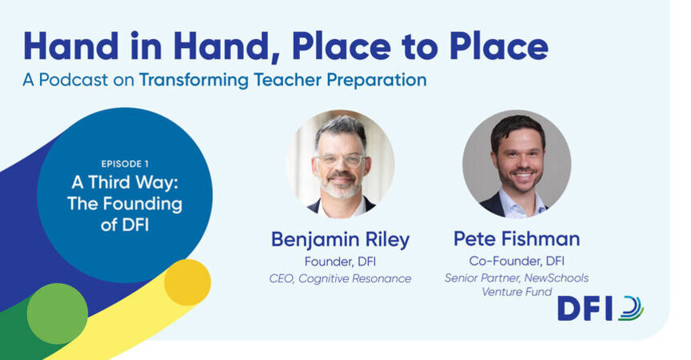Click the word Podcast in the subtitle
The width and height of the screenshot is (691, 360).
[73, 80]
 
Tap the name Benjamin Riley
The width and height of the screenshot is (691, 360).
[340, 240]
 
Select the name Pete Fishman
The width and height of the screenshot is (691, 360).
[517, 239]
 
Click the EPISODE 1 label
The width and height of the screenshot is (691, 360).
[125, 164]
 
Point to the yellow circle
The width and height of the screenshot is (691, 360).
[187, 282]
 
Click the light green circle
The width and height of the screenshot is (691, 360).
[58, 314]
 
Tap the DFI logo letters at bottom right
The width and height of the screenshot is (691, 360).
[585, 309]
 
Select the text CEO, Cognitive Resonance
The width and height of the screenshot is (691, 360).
[340, 278]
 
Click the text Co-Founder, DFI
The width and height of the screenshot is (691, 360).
[517, 261]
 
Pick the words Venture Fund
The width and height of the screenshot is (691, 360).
[517, 292]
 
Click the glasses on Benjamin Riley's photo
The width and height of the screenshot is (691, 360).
[340, 159]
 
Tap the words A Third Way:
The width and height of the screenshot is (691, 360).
[125, 182]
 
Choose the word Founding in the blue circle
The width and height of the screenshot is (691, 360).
[143, 204]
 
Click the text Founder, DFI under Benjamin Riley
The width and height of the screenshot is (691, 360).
[340, 262]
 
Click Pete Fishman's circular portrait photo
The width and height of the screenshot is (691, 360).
[517, 164]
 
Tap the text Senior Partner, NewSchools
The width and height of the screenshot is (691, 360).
[517, 278]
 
